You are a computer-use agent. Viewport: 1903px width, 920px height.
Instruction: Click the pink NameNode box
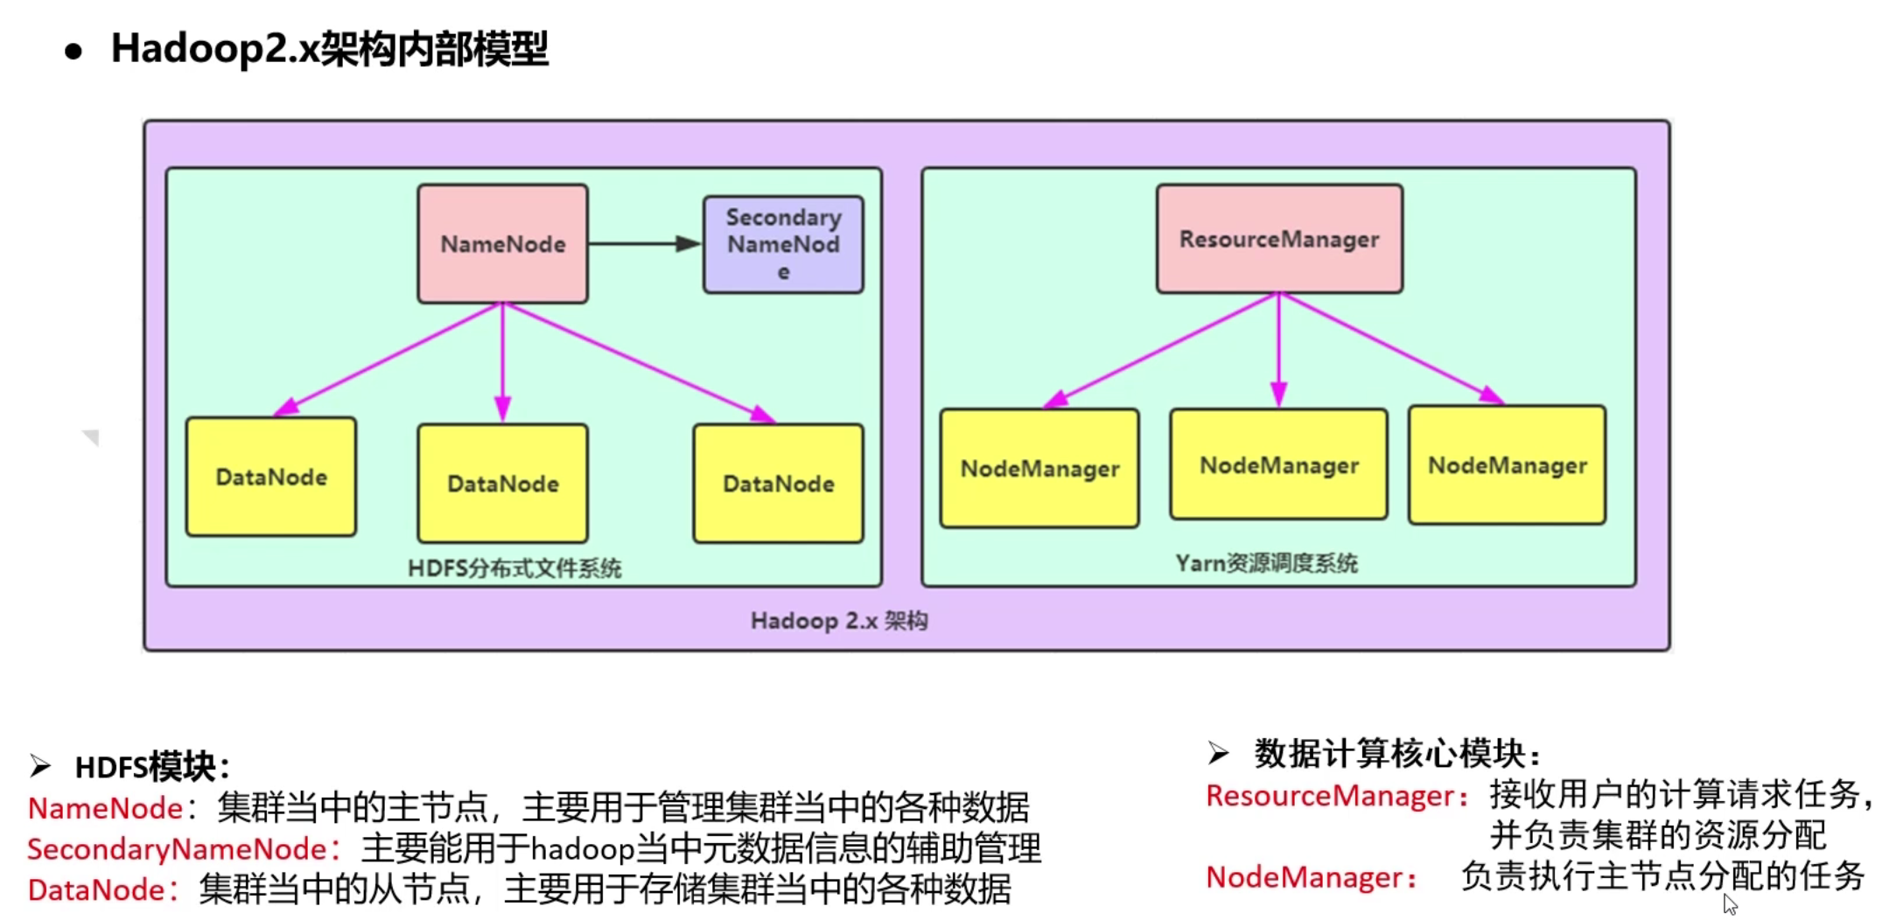click(x=502, y=244)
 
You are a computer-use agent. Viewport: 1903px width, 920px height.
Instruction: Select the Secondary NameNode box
click(x=783, y=244)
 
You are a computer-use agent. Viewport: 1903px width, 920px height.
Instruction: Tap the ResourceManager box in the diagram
click(x=1278, y=239)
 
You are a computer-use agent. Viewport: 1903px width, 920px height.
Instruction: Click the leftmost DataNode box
click(x=271, y=477)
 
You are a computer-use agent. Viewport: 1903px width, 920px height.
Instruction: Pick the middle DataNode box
click(x=502, y=484)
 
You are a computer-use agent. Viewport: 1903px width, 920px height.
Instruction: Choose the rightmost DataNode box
click(x=778, y=484)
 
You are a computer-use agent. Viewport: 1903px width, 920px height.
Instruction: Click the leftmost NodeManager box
click(x=1039, y=469)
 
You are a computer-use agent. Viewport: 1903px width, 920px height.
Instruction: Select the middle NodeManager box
click(x=1278, y=465)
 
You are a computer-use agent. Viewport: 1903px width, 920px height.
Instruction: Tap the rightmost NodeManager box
click(x=1507, y=465)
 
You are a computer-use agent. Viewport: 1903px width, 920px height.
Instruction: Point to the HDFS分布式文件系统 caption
click(x=514, y=568)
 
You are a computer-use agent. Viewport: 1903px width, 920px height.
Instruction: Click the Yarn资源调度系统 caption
click(x=1266, y=563)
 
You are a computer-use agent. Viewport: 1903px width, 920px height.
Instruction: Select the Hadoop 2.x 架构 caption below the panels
click(x=839, y=621)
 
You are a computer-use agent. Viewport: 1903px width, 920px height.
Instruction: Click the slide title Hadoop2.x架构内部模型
click(x=329, y=49)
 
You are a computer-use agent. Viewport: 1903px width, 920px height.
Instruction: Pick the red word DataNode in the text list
click(x=96, y=890)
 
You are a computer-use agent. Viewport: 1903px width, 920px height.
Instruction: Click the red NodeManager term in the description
click(x=1305, y=877)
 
